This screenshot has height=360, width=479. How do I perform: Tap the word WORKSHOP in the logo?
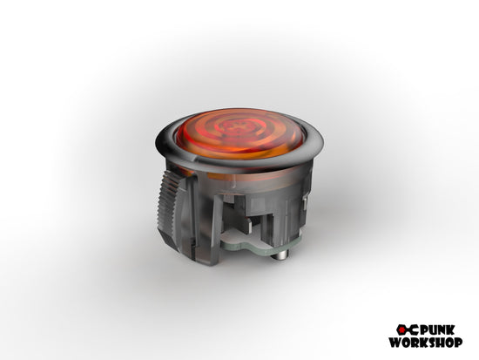point(426,343)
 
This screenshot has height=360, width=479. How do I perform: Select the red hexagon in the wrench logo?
point(402,330)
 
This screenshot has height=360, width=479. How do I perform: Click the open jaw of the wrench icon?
point(414,330)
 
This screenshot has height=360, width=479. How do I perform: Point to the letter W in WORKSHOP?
point(395,343)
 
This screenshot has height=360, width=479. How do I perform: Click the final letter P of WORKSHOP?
point(458,343)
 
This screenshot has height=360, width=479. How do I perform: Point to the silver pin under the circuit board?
point(280,255)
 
